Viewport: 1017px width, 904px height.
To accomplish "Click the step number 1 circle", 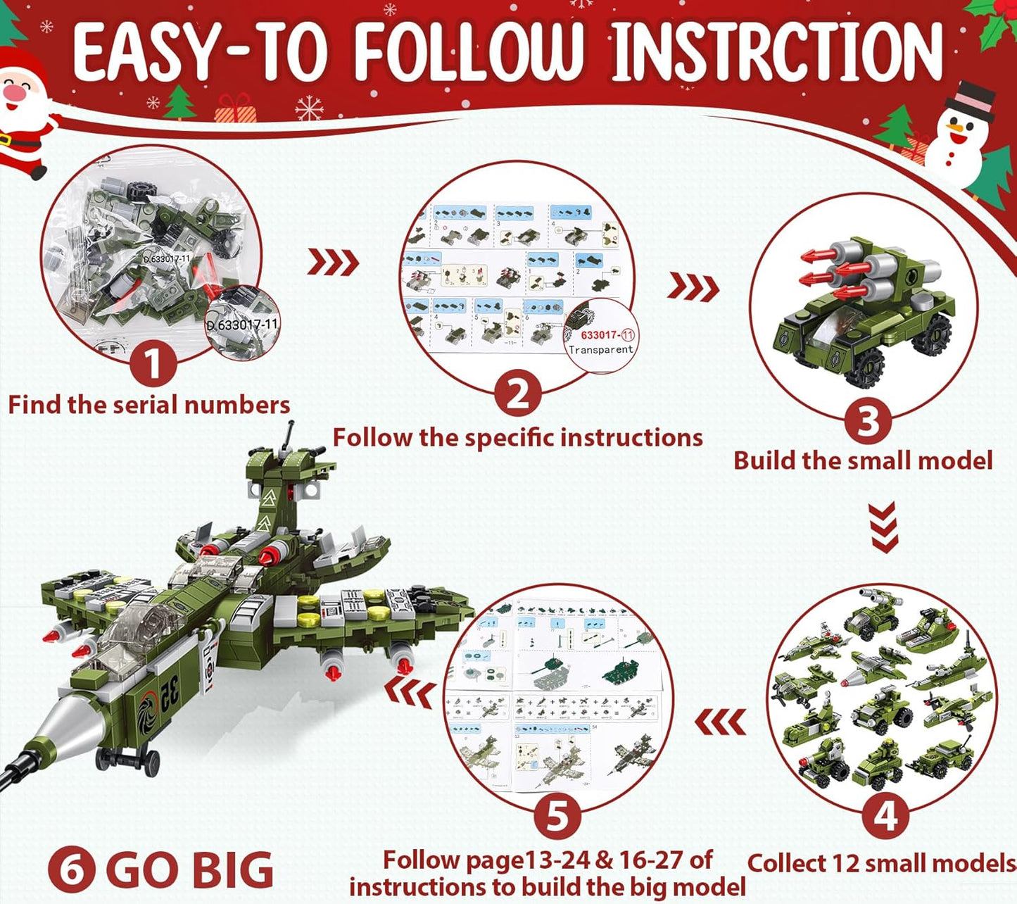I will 153,365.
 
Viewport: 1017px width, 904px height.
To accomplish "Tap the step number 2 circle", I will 517,394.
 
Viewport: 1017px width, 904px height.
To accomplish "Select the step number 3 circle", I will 867,422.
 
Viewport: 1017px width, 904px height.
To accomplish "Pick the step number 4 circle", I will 886,817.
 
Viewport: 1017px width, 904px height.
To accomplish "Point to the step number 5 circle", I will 557,817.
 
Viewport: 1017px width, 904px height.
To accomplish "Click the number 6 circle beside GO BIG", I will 72,871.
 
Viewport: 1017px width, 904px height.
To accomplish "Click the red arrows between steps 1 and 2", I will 333,263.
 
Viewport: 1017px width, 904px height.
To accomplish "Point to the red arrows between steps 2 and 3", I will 693,287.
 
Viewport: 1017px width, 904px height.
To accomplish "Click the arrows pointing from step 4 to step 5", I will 720,722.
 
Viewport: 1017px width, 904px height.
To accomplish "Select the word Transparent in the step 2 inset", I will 601,349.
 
